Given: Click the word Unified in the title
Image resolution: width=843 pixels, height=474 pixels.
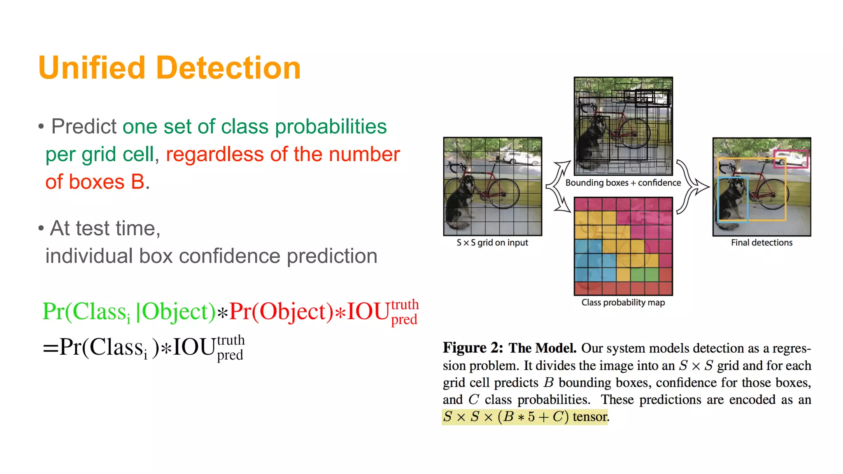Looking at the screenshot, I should click(92, 68).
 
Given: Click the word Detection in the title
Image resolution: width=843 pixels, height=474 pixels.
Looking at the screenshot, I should click(228, 68).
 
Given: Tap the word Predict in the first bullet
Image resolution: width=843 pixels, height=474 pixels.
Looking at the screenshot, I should click(84, 126).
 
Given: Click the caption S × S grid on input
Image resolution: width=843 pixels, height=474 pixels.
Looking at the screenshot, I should click(492, 243).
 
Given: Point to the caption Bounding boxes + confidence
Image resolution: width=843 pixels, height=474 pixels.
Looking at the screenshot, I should click(623, 183).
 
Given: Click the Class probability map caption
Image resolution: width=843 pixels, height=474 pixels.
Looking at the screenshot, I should click(623, 302).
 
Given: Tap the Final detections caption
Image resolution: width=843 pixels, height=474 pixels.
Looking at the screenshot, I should click(761, 243).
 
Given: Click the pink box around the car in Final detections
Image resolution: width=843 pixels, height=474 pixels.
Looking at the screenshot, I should click(791, 159).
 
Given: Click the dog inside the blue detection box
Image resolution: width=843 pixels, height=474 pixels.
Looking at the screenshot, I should click(731, 202).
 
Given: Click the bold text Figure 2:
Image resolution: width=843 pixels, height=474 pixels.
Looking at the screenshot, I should click(473, 348).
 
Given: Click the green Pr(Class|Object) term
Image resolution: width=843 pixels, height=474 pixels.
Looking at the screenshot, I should click(129, 312).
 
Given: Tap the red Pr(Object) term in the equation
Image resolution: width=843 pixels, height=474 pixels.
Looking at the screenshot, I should click(281, 312).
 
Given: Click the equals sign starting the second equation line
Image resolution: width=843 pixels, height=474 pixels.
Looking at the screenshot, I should click(50, 348).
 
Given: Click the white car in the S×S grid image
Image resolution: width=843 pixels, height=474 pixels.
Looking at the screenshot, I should click(517, 158).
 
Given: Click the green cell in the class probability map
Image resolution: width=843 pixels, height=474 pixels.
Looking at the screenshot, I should click(637, 274).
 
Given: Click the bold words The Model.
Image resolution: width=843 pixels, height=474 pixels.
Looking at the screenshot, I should click(542, 348).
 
